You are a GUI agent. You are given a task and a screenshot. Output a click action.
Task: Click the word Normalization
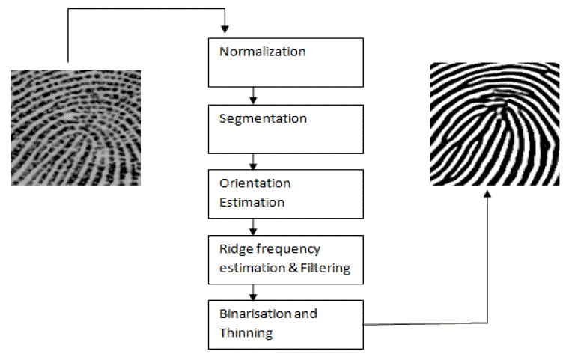click(252, 52)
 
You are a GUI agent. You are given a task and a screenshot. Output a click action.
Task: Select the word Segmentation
click(252, 118)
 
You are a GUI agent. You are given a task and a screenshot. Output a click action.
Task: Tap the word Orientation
click(244, 183)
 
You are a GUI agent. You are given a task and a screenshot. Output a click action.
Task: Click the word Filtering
click(323, 268)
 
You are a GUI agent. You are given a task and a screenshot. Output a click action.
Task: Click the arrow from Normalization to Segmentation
click(254, 95)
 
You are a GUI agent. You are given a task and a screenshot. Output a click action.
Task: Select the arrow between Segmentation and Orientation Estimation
click(254, 160)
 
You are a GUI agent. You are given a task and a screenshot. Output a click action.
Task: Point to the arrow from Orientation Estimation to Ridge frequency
click(254, 225)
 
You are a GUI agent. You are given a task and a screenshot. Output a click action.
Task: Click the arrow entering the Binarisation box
click(254, 292)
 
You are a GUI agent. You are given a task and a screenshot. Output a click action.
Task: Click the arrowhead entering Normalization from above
click(225, 29)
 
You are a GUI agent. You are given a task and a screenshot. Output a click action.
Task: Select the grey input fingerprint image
click(76, 126)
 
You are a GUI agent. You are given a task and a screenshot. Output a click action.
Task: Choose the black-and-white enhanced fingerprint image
click(495, 123)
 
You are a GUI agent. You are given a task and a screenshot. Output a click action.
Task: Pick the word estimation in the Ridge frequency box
click(249, 268)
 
